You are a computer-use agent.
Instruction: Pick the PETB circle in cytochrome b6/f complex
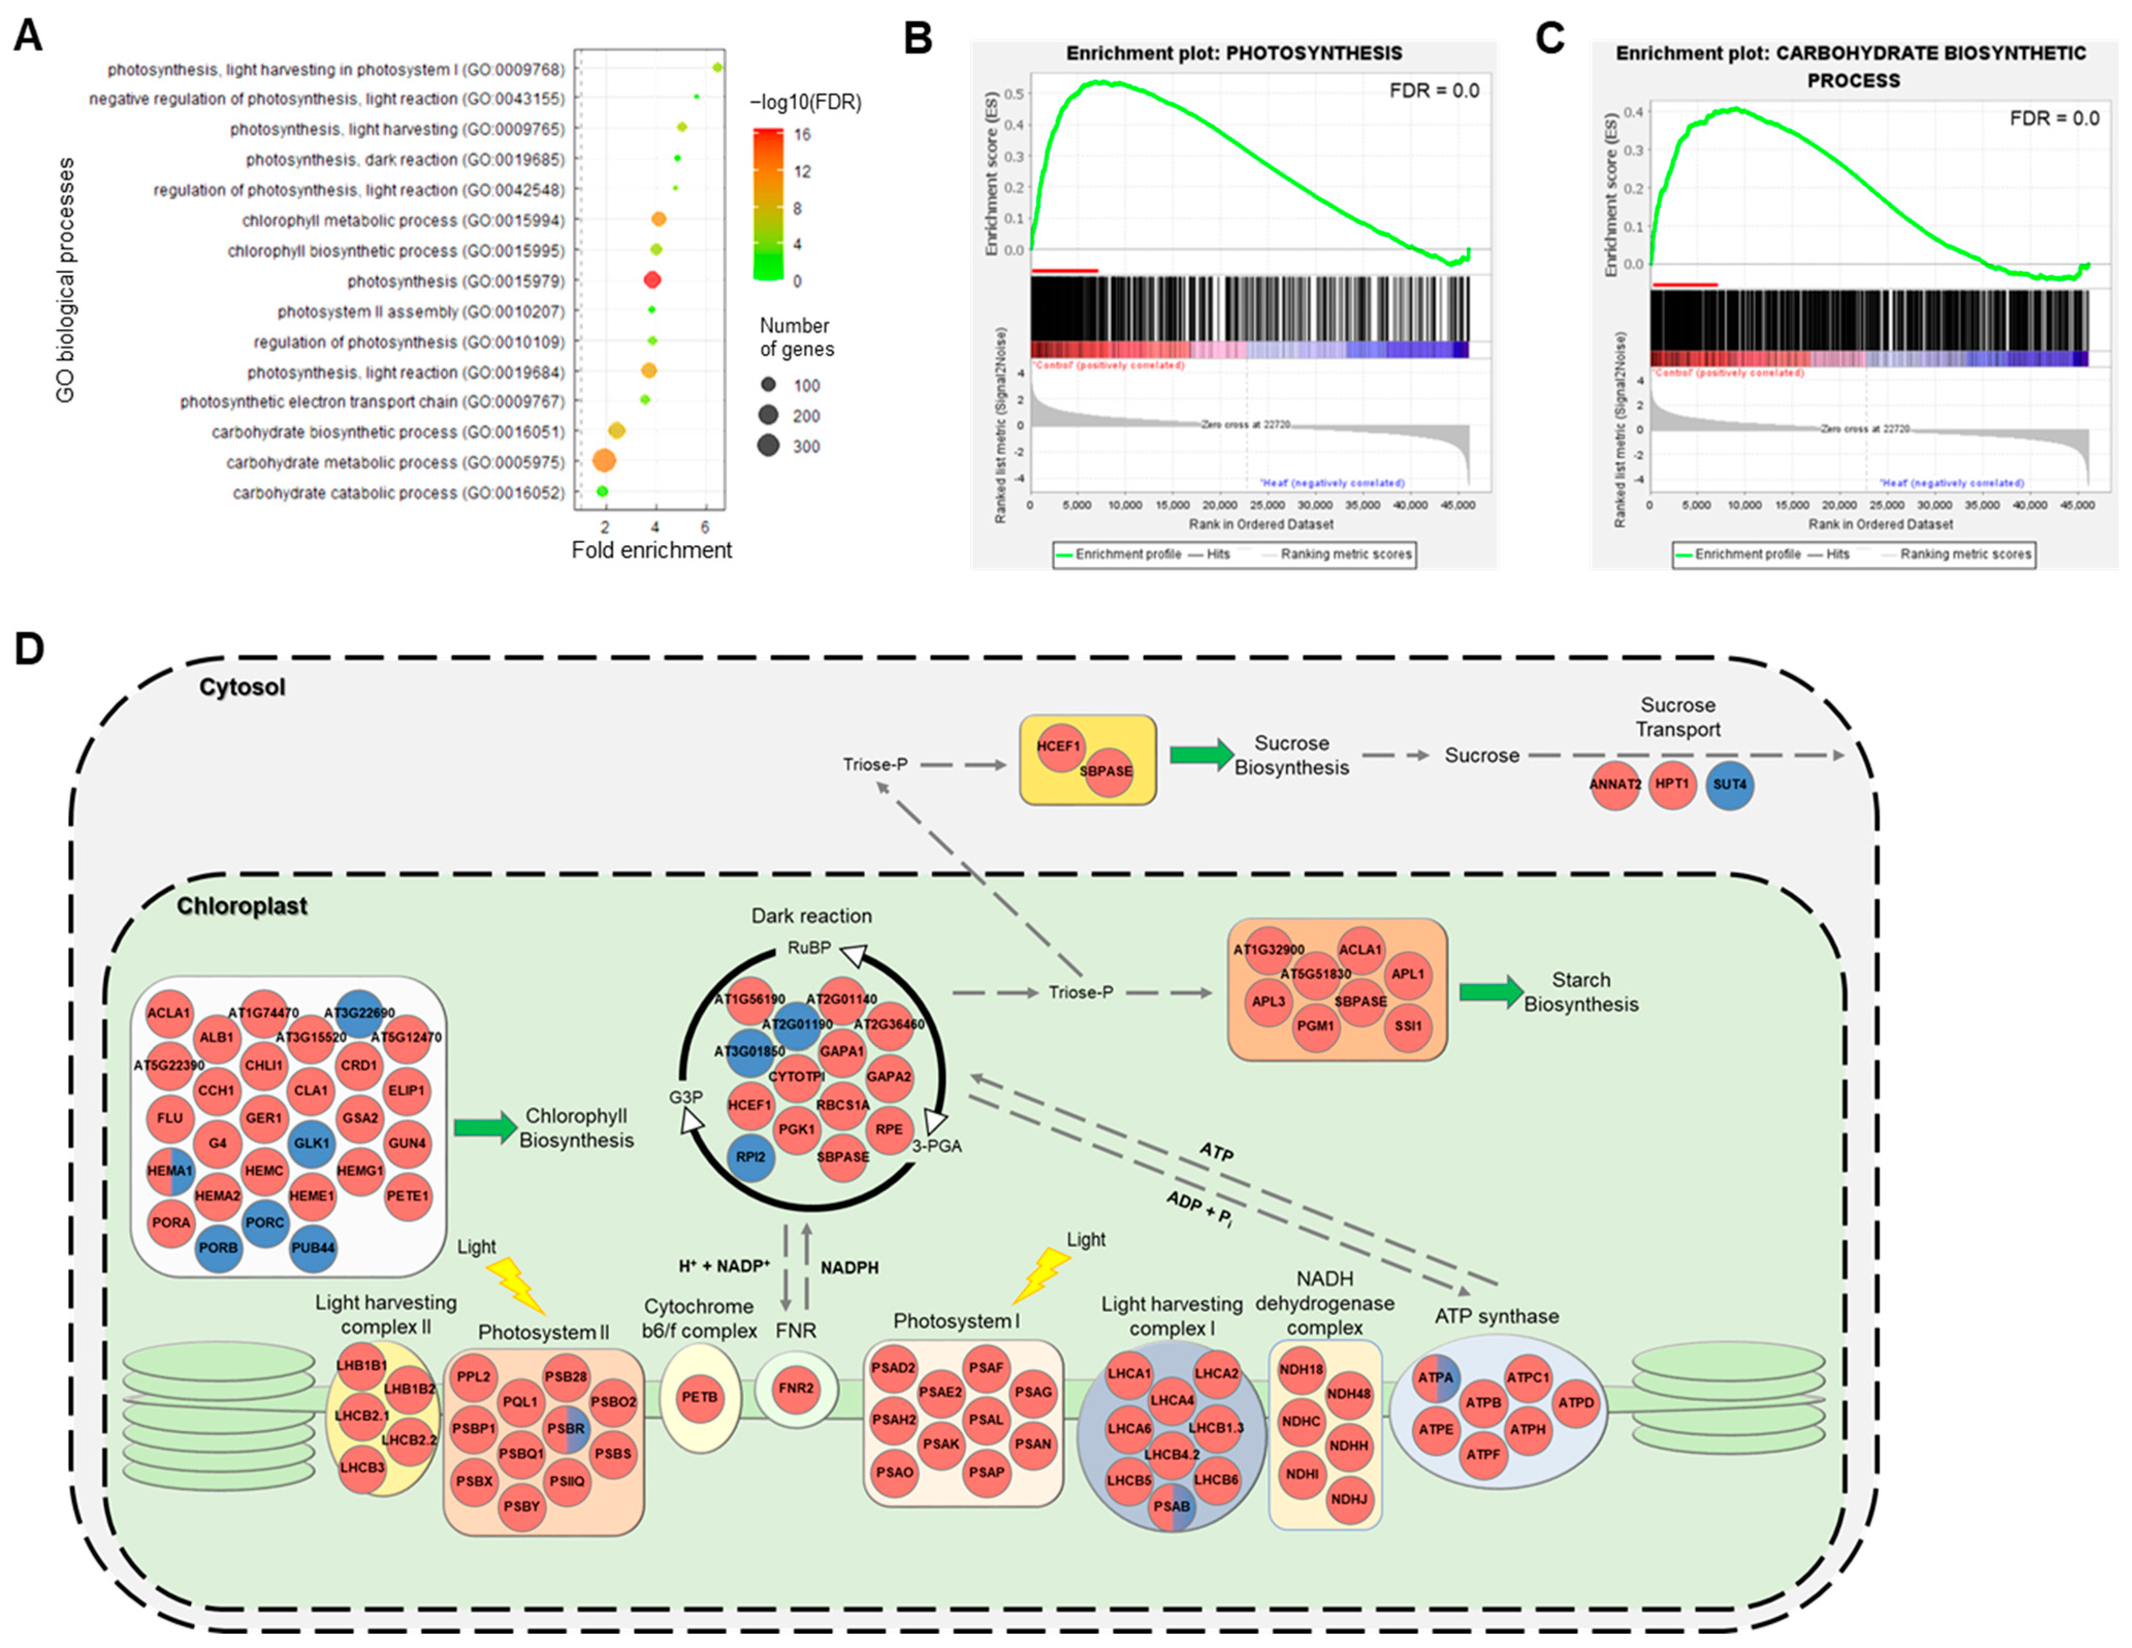[x=699, y=1397]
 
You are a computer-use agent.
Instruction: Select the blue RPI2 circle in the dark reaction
[x=751, y=1157]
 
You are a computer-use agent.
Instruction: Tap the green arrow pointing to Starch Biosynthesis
[x=1489, y=992]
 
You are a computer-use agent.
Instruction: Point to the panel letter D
[x=29, y=648]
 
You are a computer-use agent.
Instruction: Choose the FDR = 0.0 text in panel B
[x=1434, y=91]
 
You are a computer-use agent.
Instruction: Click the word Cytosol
[x=242, y=687]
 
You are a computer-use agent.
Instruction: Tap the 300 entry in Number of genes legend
[x=769, y=446]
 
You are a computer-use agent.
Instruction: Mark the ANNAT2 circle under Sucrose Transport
[x=1615, y=785]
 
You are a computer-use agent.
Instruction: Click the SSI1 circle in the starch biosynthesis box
[x=1408, y=1026]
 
